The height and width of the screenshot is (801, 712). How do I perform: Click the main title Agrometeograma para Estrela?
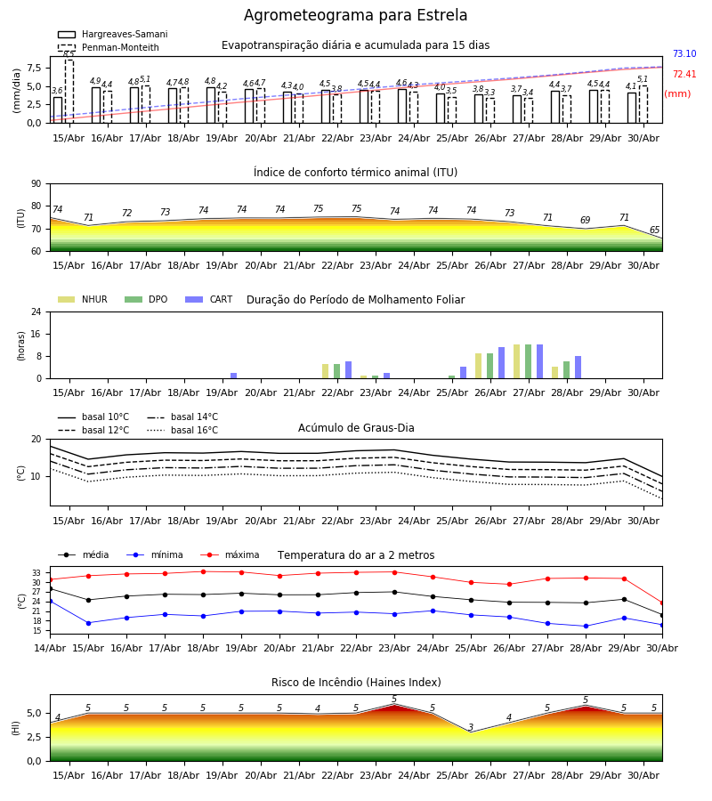point(355,15)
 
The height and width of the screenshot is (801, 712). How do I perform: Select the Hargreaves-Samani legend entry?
point(113,34)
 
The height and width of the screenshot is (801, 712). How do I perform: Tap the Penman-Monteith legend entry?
point(109,47)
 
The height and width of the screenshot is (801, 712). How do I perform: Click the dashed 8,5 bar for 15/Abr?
point(69,92)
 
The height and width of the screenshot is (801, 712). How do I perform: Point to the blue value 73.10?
point(684,53)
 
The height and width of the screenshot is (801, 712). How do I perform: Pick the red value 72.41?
point(684,74)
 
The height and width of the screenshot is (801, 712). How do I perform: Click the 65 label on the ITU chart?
point(654,230)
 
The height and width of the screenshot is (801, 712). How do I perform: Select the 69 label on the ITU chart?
point(586,220)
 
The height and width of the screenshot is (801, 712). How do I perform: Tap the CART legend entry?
point(209,299)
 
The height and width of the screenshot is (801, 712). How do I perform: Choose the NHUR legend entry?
point(83,299)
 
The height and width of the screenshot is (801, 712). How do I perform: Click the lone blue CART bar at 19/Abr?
point(233,376)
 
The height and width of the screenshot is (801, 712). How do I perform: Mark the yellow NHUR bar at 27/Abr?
point(517,361)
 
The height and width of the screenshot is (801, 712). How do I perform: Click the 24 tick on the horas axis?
point(36,311)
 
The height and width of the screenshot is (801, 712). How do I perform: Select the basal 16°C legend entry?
point(182,430)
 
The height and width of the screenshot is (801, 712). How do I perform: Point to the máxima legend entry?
point(230,554)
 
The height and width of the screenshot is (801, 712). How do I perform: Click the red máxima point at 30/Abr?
point(662,603)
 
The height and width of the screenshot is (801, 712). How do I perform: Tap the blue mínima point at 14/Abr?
point(50,602)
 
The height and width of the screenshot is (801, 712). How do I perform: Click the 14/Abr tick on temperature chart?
point(50,648)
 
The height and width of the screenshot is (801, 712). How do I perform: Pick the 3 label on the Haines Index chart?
point(471,727)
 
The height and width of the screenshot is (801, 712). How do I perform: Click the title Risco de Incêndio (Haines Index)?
point(356,683)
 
